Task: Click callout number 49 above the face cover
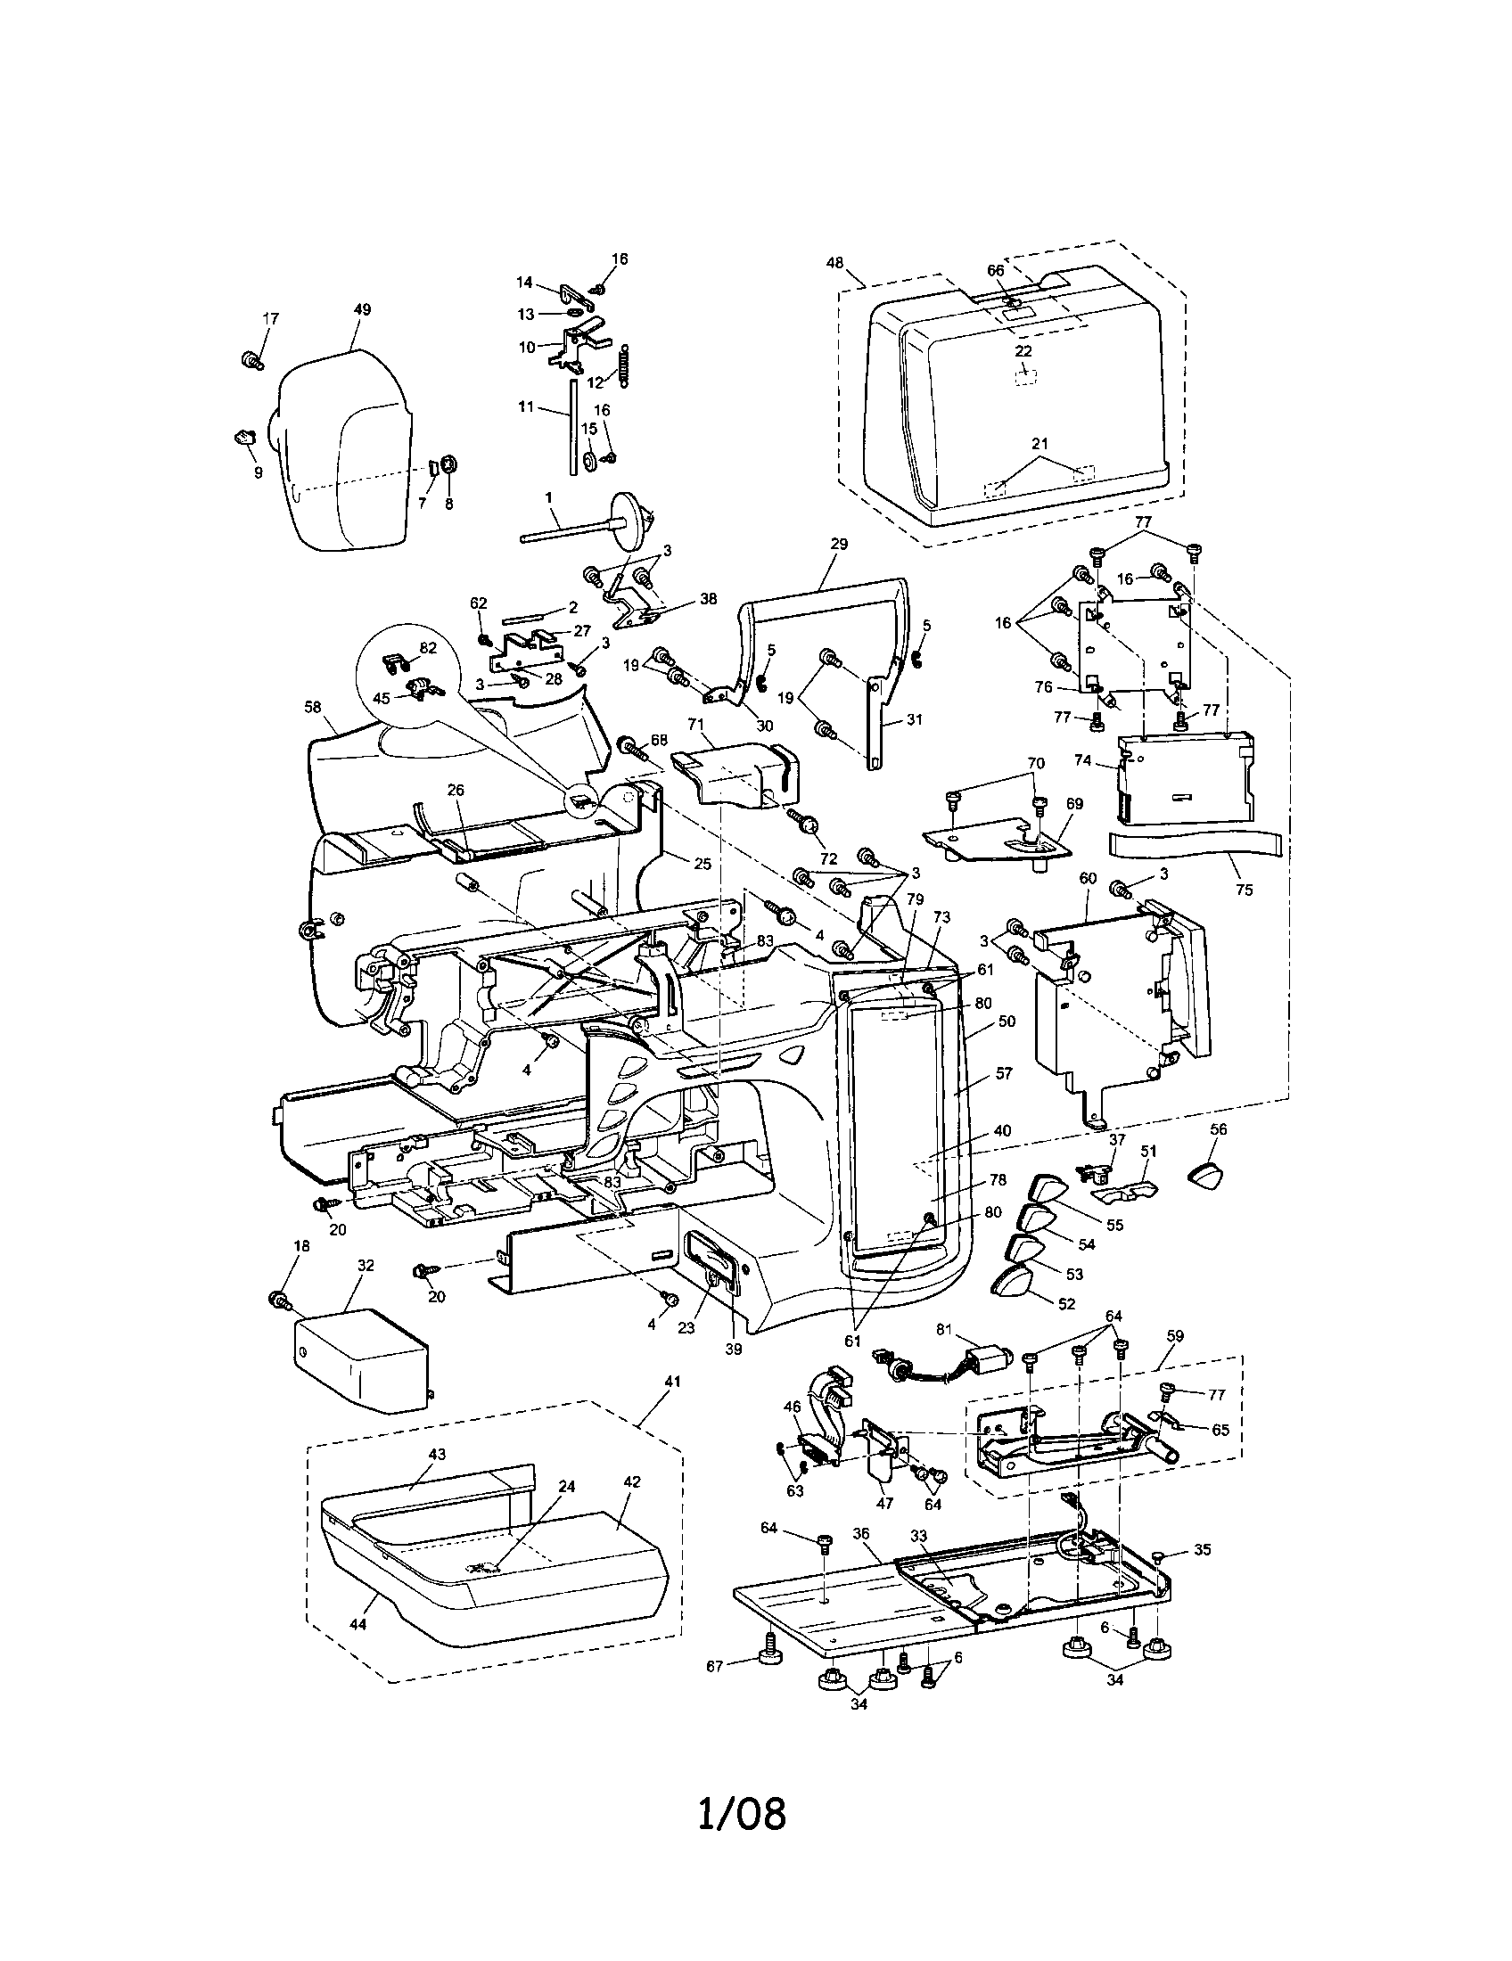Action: coord(361,309)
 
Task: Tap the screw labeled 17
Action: coord(251,360)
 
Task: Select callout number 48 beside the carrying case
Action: coord(834,263)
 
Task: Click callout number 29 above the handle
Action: coord(840,544)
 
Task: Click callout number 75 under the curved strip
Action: coord(1244,890)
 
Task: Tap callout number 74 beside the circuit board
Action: coord(1107,760)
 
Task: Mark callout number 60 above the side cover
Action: coord(1088,878)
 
